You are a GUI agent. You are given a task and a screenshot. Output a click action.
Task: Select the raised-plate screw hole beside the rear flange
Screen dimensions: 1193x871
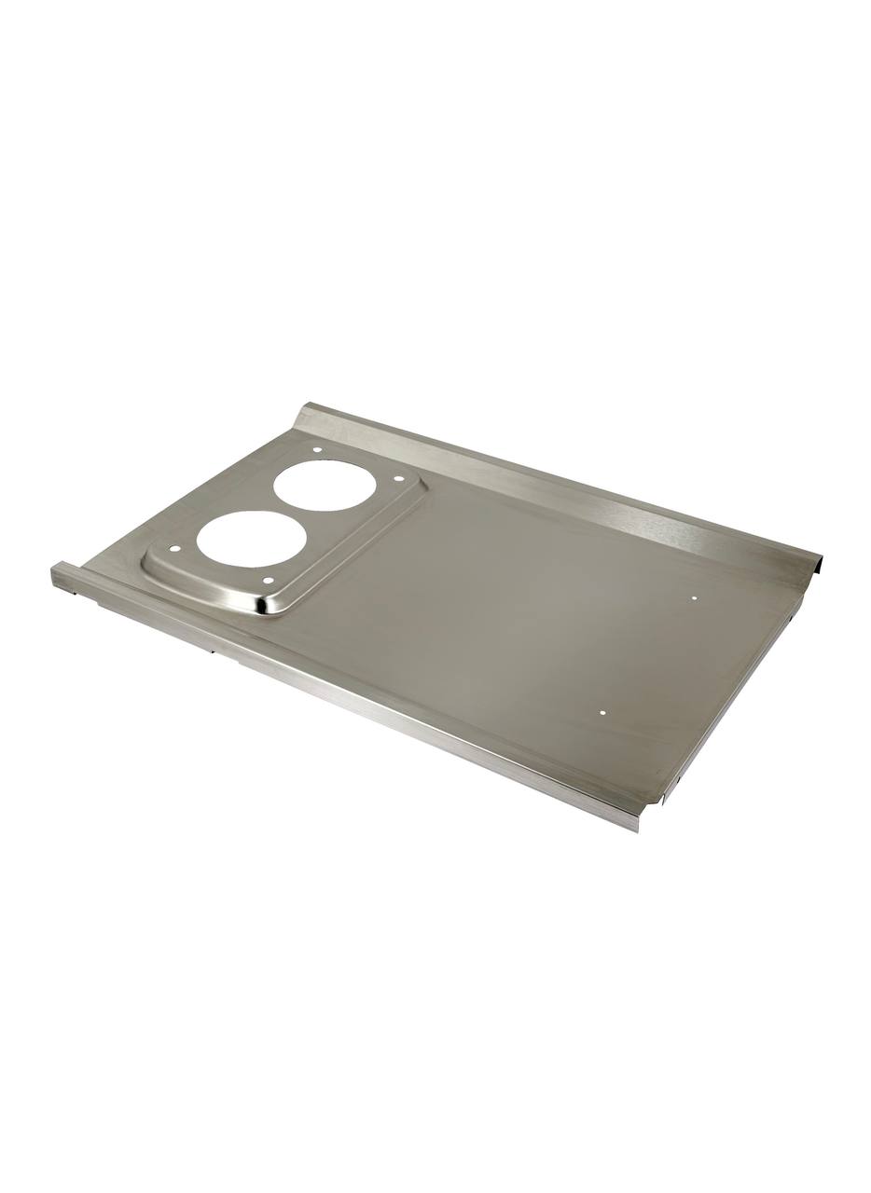(317, 450)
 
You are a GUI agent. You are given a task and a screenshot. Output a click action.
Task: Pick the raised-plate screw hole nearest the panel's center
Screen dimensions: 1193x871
(399, 479)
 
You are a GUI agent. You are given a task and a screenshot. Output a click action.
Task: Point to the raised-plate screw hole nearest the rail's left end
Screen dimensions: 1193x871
(173, 549)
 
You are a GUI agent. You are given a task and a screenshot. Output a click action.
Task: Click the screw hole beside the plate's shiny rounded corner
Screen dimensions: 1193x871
(268, 581)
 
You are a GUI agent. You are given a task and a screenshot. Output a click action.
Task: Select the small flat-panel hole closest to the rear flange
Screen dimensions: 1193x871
(695, 596)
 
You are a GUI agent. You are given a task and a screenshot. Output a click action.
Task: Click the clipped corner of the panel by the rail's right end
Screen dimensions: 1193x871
(664, 792)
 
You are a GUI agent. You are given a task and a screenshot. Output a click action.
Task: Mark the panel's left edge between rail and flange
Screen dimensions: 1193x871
(187, 494)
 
